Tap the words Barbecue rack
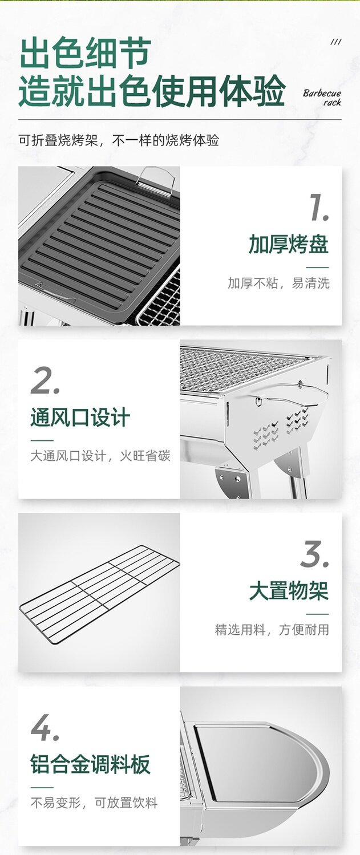tap(322, 98)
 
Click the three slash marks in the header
tap(335, 42)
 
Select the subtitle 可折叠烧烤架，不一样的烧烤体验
tap(119, 140)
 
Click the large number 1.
tap(319, 208)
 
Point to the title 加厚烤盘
tap(289, 244)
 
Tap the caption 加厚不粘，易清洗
tap(278, 283)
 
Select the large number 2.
tap(45, 380)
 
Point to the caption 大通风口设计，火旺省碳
tap(100, 456)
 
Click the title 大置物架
tap(289, 591)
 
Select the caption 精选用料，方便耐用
tap(272, 630)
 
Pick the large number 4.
tap(45, 727)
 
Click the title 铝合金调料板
tap(90, 764)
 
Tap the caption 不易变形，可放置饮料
tap(94, 803)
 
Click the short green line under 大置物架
tap(317, 614)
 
